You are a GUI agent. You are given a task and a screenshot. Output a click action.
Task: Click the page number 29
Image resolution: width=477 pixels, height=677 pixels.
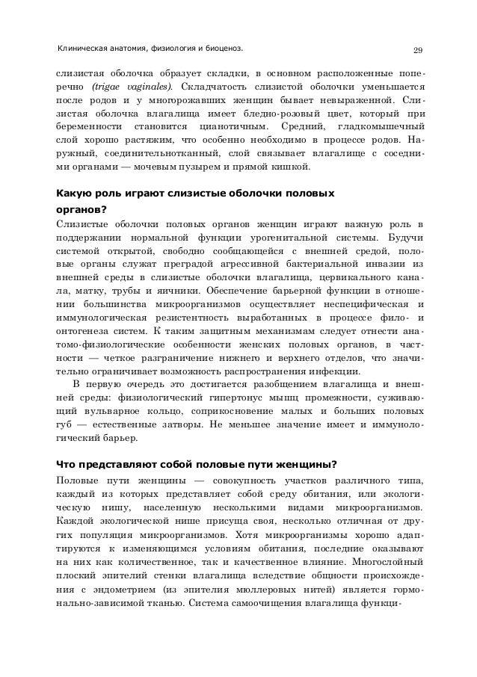click(x=419, y=51)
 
